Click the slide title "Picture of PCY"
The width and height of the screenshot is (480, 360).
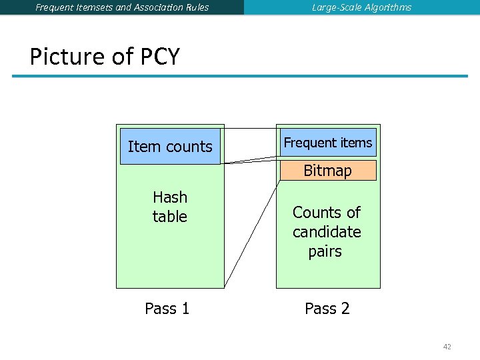tap(105, 57)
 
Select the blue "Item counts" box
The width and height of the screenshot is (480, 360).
tap(170, 147)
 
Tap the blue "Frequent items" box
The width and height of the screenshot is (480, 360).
tap(327, 143)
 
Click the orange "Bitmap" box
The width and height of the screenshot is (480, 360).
tap(327, 171)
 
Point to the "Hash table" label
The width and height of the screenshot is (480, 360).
tap(170, 207)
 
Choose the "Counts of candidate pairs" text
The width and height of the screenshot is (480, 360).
tap(326, 231)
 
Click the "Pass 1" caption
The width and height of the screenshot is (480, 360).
tap(167, 309)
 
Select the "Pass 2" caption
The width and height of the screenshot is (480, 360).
tap(327, 309)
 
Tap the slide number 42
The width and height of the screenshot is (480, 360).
tap(447, 347)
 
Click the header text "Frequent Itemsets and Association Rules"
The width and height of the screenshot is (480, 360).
tap(122, 7)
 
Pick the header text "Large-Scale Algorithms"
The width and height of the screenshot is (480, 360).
tap(361, 7)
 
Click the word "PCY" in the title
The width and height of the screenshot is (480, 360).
tap(160, 57)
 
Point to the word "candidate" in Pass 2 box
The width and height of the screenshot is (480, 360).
tap(326, 232)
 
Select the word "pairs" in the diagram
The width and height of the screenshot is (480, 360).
tap(325, 251)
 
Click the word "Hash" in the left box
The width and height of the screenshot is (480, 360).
tap(170, 197)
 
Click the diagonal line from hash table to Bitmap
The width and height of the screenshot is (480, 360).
tap(252, 234)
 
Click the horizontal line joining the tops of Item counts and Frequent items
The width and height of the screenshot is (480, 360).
tap(250, 128)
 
